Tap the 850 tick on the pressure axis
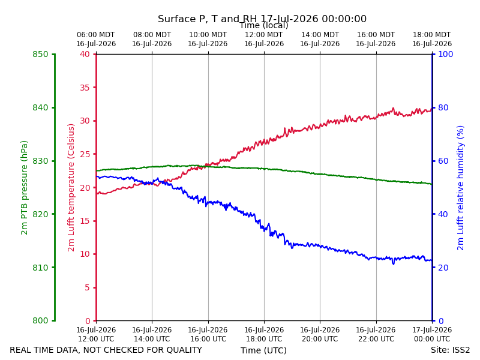coord(40,54)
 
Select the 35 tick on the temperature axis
coord(85,88)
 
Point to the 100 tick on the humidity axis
coord(446,54)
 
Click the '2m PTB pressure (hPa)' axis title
coord(24,188)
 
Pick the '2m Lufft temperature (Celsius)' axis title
coord(71,188)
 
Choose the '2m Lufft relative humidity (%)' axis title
coord(460,188)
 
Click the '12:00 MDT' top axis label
coord(264,35)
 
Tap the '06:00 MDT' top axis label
coord(96,35)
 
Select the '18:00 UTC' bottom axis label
coord(264,339)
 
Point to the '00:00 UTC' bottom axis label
coord(432,339)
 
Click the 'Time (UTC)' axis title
coord(263,350)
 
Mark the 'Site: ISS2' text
coord(450,350)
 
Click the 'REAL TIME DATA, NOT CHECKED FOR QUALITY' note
coord(106,350)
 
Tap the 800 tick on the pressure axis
coord(40,320)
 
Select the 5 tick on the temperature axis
coord(88,287)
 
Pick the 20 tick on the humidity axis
coord(443,268)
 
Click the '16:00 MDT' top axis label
coord(376,35)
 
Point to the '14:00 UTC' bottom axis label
coord(152,339)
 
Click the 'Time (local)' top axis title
coord(264,25)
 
